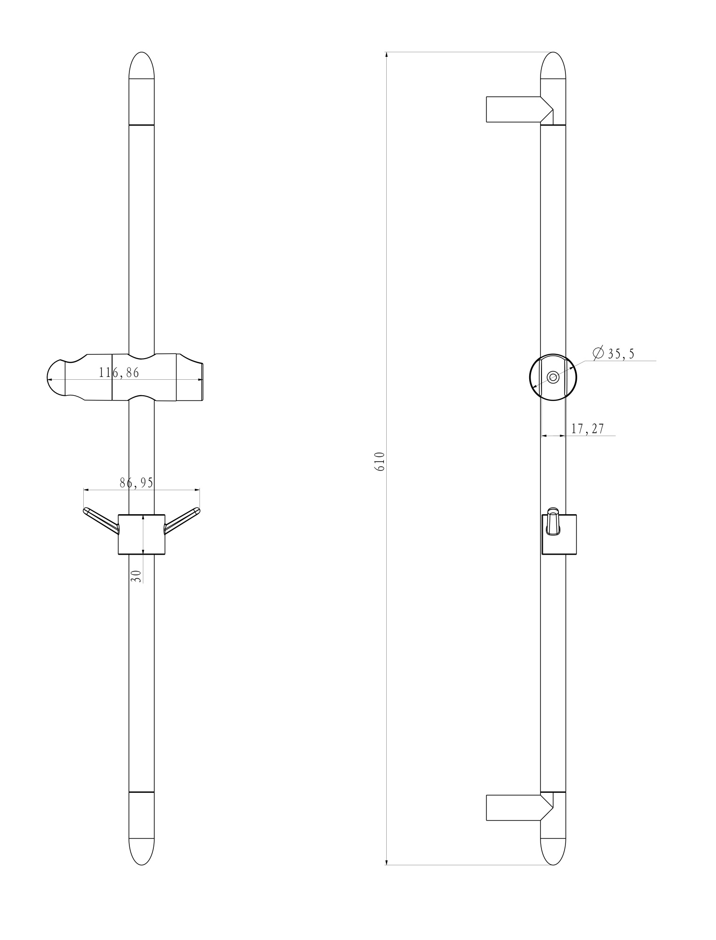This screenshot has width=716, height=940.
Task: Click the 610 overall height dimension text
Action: pos(381,462)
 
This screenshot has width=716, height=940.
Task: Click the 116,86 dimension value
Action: pos(119,373)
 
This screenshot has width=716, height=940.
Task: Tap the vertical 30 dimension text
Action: pos(136,576)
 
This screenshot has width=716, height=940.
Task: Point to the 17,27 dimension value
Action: pos(587,429)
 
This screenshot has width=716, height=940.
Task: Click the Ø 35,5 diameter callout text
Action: pos(613,353)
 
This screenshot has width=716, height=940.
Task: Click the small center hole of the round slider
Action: pos(553,377)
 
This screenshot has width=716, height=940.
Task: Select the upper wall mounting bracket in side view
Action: pos(515,109)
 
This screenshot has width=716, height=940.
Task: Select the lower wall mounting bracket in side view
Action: pos(515,807)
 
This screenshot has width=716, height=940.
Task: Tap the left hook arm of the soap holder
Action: pos(100,520)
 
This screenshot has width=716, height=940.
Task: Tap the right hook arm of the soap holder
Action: pos(183,520)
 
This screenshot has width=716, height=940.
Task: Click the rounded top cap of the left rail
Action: pos(142,66)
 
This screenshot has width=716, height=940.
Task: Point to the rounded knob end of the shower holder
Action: pos(56,379)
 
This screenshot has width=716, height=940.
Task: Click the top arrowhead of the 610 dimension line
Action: pos(386,55)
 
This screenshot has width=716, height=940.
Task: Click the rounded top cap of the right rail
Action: pos(553,66)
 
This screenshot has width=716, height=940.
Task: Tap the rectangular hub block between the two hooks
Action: pos(142,534)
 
